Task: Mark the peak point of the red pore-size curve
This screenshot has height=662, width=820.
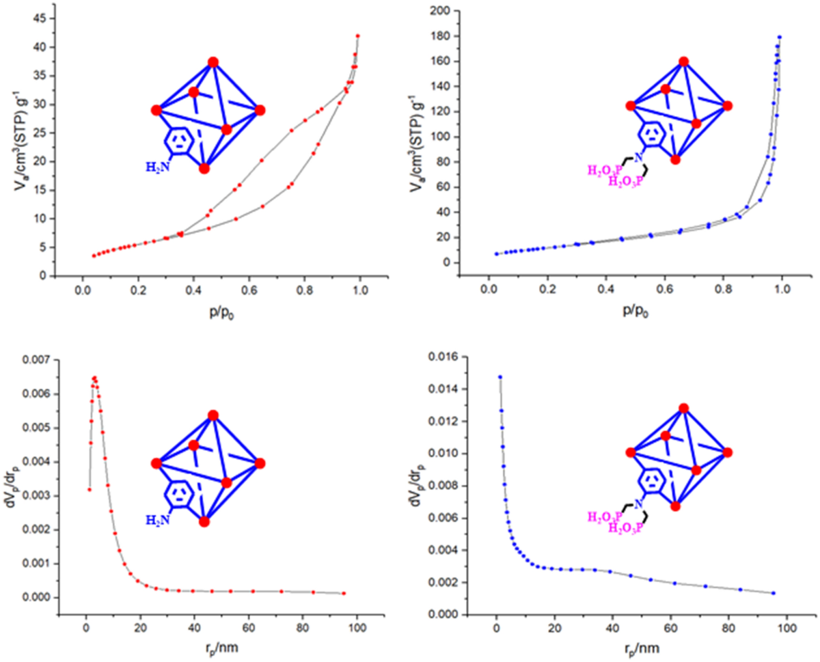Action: pos(94,377)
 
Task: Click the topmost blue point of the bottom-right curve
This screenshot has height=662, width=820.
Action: pos(500,377)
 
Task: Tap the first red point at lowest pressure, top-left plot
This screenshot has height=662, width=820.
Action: pos(94,256)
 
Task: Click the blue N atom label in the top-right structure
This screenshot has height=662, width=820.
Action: pos(638,158)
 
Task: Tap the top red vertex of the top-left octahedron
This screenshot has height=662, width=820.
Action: pos(213,62)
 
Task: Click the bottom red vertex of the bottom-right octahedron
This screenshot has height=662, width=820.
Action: pos(675,506)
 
